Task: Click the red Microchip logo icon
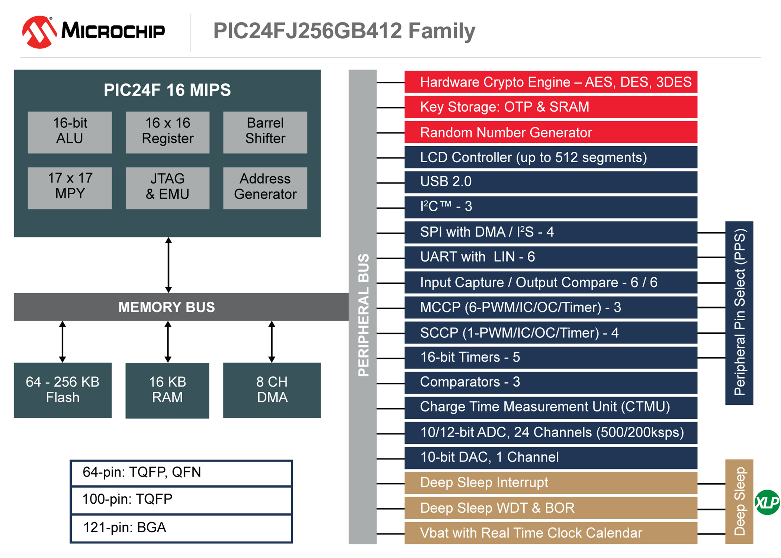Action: (39, 32)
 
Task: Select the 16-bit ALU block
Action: (70, 132)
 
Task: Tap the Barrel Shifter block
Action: (265, 132)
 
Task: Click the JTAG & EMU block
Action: (167, 188)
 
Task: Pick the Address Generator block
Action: (265, 188)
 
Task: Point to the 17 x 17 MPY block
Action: (70, 188)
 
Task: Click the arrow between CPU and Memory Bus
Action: (168, 265)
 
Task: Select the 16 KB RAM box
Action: (167, 390)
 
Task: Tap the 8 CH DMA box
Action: (272, 390)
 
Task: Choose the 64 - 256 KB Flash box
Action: (62, 390)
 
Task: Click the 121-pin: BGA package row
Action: (181, 528)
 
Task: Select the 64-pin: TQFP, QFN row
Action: (181, 473)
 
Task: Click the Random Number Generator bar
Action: (550, 132)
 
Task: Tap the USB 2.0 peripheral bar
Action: (550, 182)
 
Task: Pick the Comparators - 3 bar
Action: (550, 382)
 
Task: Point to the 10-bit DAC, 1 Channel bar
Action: (550, 458)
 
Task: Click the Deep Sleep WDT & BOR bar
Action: (550, 508)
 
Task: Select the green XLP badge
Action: (767, 503)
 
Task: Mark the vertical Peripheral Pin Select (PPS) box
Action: (739, 312)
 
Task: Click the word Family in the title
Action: (441, 31)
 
